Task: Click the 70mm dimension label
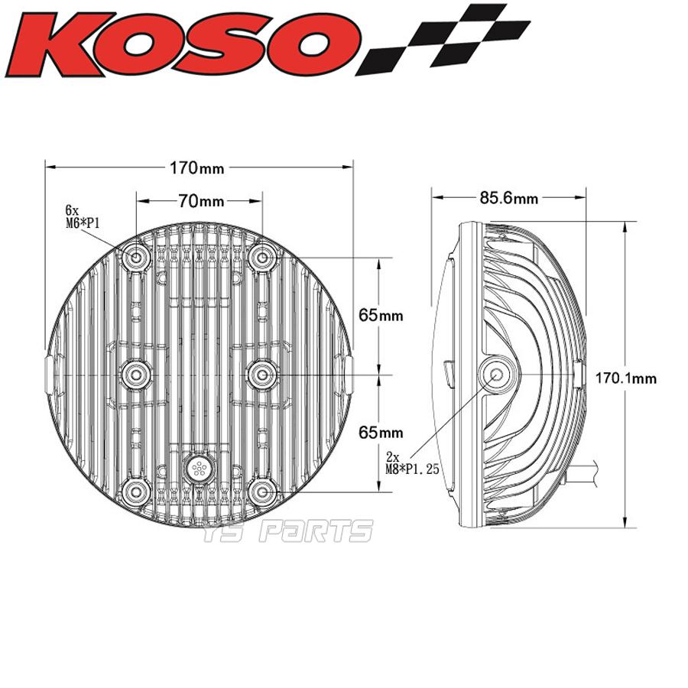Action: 201,201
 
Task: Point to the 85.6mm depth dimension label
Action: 509,198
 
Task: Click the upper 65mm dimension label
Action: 380,314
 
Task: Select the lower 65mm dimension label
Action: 380,432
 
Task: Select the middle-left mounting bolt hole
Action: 138,373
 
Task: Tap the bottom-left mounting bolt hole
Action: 138,489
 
